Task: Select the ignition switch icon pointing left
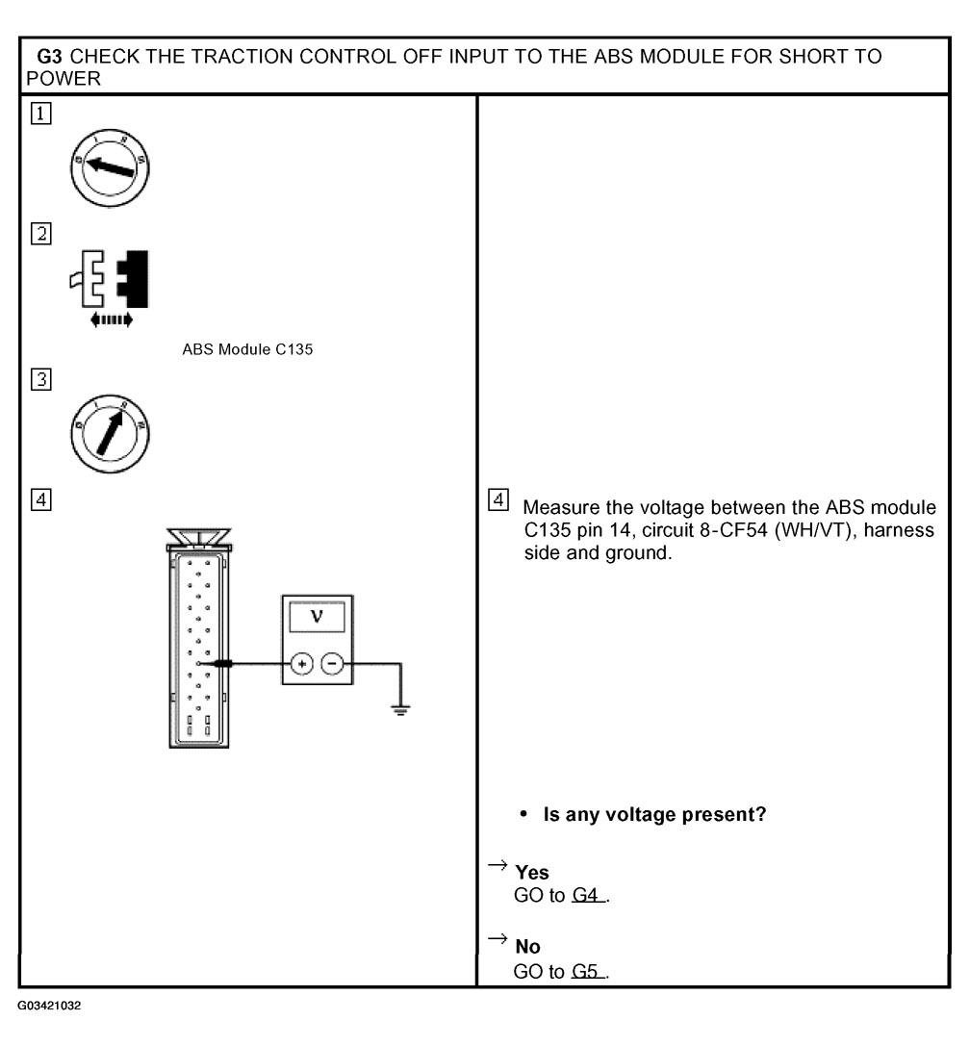107,164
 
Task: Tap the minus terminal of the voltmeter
332,664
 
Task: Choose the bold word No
527,947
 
